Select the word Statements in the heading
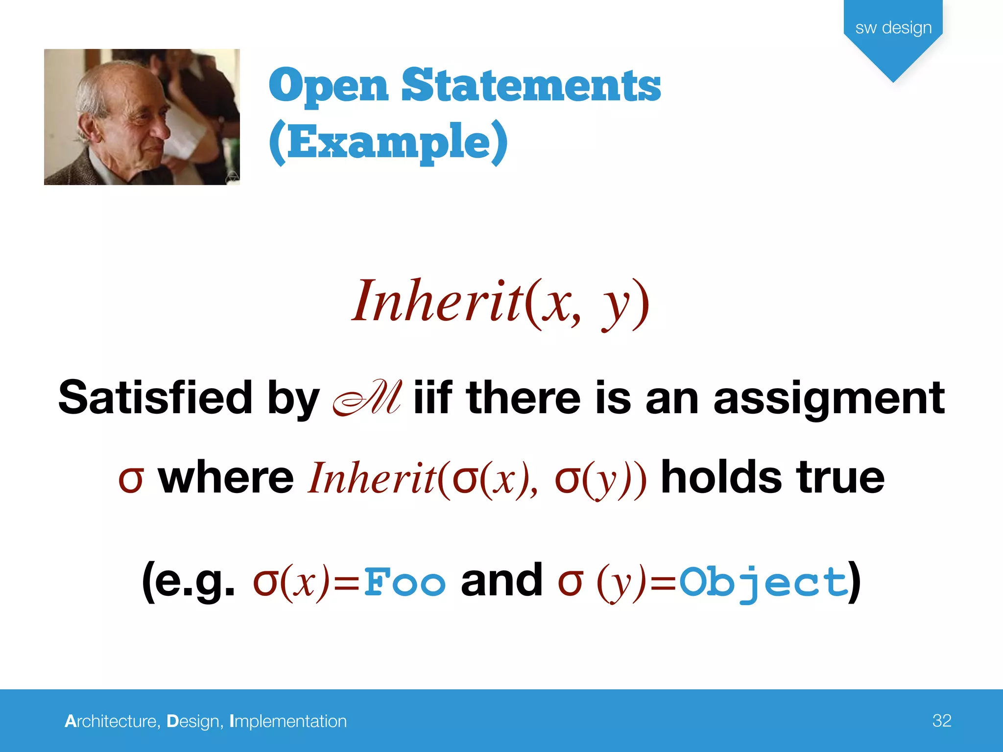(x=531, y=85)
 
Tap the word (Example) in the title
(x=388, y=142)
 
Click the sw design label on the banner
(x=893, y=27)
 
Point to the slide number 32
(x=942, y=720)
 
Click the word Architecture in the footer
(x=112, y=721)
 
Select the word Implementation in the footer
(x=288, y=721)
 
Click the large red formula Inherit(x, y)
(x=501, y=302)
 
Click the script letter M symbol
(x=367, y=398)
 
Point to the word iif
(x=432, y=397)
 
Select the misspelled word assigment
(x=829, y=397)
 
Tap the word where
(x=226, y=477)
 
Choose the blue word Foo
(x=405, y=582)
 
